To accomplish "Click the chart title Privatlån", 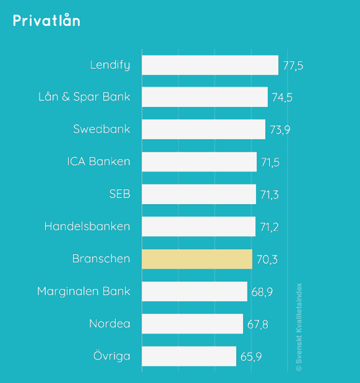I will tap(46, 20).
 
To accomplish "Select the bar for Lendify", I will tap(210, 65).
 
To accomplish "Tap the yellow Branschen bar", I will tap(197, 259).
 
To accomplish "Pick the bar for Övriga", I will tap(189, 356).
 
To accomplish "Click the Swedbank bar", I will tap(204, 129).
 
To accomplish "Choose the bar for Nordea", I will tap(192, 324).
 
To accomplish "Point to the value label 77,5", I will tap(293, 66).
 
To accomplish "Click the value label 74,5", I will tap(282, 98).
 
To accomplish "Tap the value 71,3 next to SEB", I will tap(270, 195).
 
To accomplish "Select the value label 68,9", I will tap(262, 291).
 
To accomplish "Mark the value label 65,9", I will tap(251, 356).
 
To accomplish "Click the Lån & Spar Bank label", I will tap(84, 97).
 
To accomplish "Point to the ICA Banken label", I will tap(98, 161).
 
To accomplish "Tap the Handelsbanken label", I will tap(87, 226).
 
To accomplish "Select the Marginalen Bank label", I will tap(84, 291).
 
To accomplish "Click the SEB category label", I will tap(119, 194).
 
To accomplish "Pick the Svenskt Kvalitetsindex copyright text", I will tap(299, 327).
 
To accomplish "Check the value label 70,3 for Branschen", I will tap(267, 259).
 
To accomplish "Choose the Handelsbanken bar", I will tap(199, 226).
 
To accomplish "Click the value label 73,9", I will tap(280, 130).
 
